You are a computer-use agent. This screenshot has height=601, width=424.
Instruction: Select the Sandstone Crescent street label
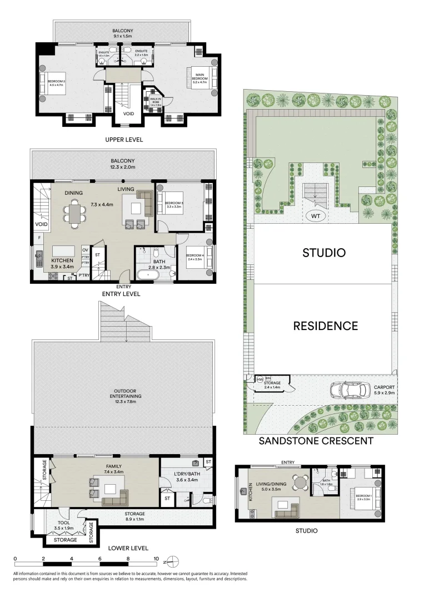coord(316,441)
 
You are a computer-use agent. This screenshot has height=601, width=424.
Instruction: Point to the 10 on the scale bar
coord(156,559)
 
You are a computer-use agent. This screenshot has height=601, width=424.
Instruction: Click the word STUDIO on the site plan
coord(323,253)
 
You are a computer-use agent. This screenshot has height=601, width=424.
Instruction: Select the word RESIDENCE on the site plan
coord(325,326)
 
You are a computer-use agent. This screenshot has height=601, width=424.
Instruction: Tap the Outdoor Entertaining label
coord(124,393)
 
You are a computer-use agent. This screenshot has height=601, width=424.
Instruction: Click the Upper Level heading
coord(124,140)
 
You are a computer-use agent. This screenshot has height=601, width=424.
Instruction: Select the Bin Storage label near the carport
coord(272,382)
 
